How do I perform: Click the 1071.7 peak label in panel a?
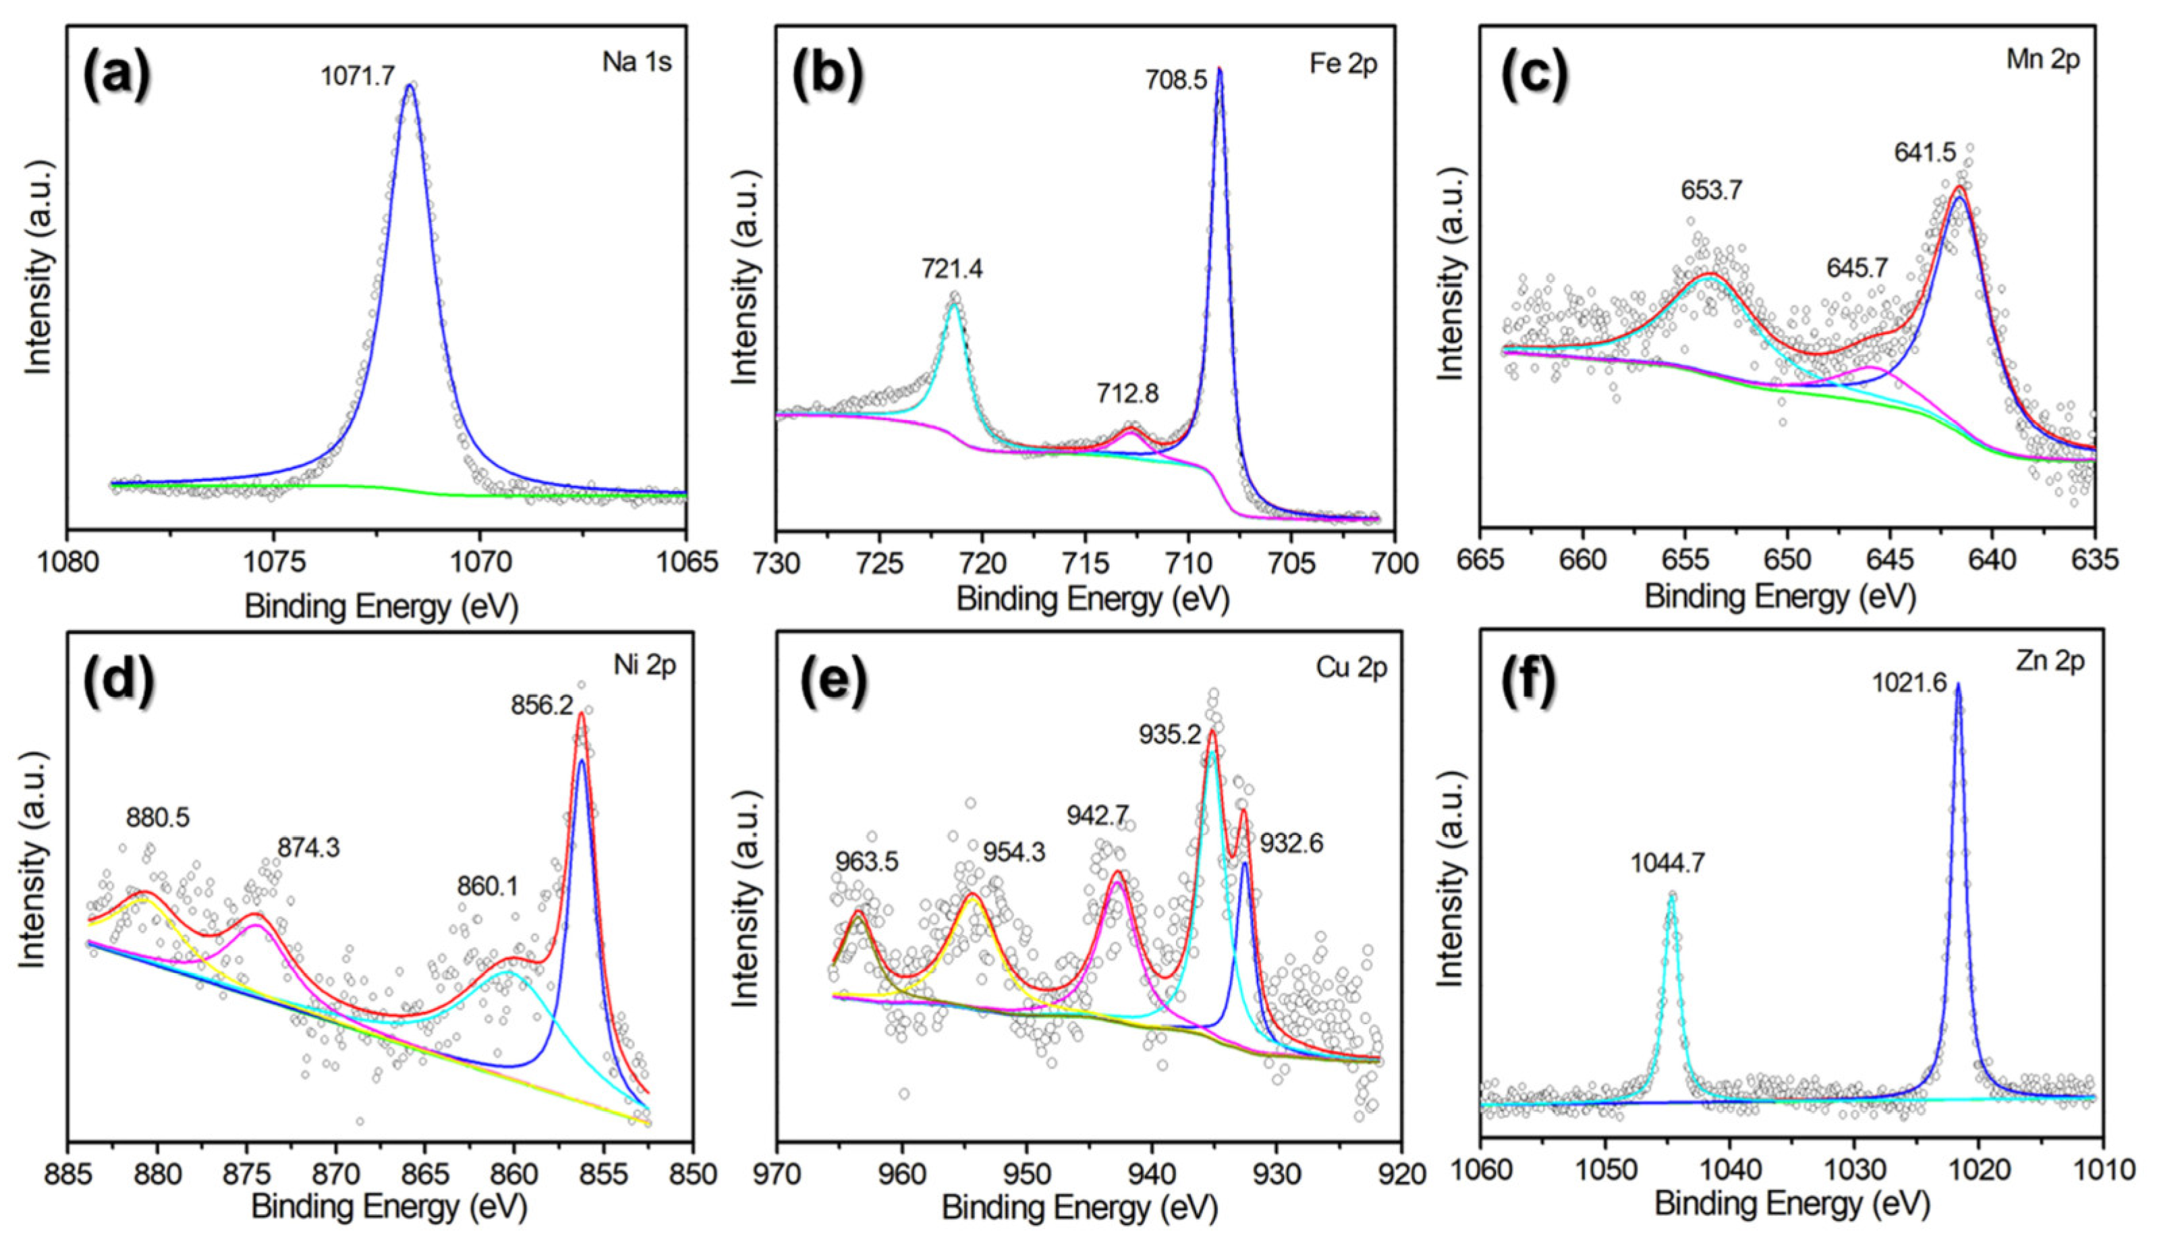tap(358, 77)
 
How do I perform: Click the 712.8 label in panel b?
tap(1127, 393)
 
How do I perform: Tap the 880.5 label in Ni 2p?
tap(158, 818)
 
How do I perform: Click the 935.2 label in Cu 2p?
tap(1169, 735)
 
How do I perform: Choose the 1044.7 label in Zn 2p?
tap(1668, 864)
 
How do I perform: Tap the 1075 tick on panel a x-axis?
tap(273, 562)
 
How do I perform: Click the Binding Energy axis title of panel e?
tap(1080, 1209)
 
